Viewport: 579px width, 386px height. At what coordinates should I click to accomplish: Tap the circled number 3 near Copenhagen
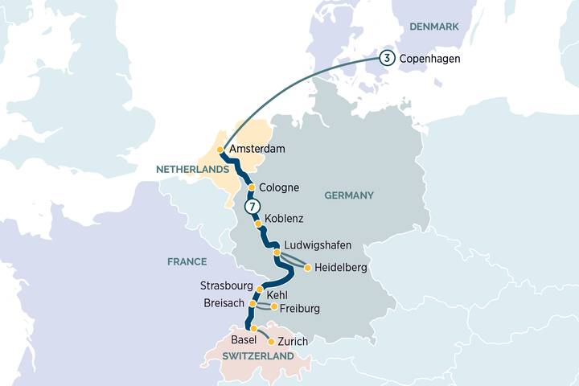(x=387, y=58)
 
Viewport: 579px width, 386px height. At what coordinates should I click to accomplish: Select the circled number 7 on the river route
(x=253, y=207)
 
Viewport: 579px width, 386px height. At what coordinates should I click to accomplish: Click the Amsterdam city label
(x=257, y=150)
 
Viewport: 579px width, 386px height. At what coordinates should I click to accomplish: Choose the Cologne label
(x=280, y=187)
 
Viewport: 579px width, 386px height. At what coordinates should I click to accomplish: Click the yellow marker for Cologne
(x=251, y=187)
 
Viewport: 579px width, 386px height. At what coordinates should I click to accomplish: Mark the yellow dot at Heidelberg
(x=307, y=268)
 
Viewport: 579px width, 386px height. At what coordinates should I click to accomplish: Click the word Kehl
(x=278, y=296)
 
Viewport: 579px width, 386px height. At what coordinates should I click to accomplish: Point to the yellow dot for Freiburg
(x=274, y=306)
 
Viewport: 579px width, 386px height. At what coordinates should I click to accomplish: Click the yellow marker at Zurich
(x=271, y=342)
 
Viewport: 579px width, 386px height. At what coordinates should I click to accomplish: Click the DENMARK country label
(x=433, y=27)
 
